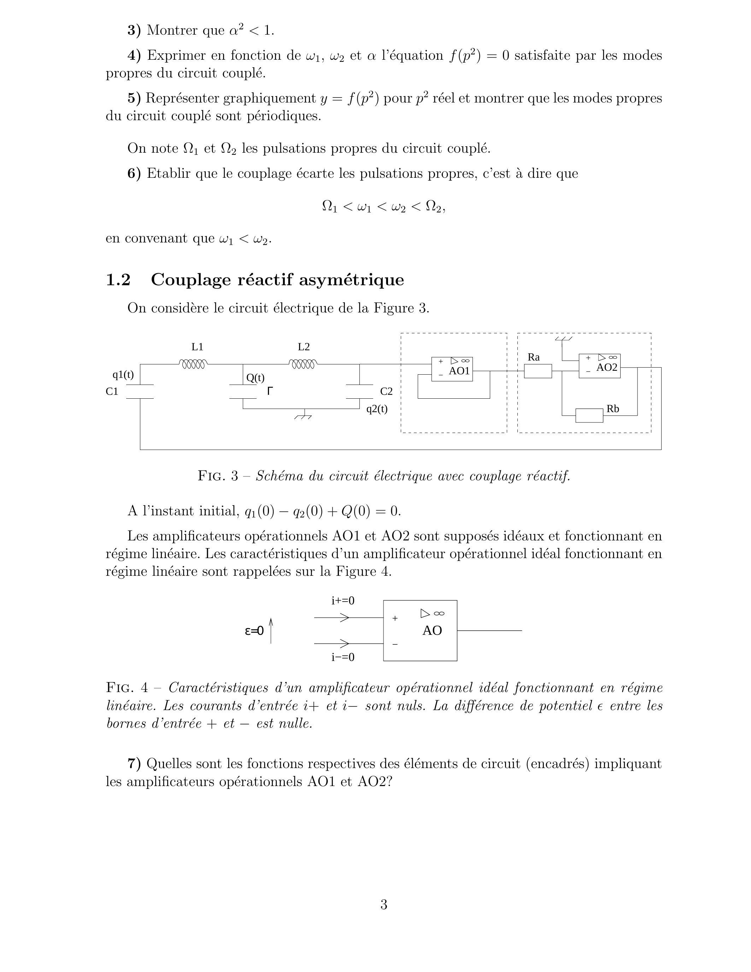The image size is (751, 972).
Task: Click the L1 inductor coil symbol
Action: coord(193,364)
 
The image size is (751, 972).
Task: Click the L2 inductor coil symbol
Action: coord(304,364)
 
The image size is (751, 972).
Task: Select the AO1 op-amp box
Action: coord(452,369)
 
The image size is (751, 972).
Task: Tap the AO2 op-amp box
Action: coord(599,366)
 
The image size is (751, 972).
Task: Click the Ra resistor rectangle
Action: coord(538,371)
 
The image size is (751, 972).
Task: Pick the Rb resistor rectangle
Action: coord(589,415)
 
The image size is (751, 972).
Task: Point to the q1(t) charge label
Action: coord(123,375)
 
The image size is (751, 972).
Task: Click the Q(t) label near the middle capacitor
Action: coord(256,378)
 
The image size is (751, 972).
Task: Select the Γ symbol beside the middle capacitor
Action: coord(270,391)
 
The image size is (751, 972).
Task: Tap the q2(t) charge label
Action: coord(377,409)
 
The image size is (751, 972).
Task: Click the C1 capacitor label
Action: coord(112,392)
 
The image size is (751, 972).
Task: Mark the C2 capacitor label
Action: coord(386,392)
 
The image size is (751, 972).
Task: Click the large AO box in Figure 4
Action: coord(420,630)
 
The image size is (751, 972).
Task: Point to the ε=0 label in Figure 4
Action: coord(254,631)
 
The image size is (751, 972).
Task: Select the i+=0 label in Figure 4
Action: coord(342,601)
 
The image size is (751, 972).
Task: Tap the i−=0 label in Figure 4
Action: coord(342,657)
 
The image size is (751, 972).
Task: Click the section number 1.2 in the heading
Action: coord(118,280)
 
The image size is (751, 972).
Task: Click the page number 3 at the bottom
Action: coord(383,904)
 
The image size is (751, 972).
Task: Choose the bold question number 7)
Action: coord(134,764)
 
